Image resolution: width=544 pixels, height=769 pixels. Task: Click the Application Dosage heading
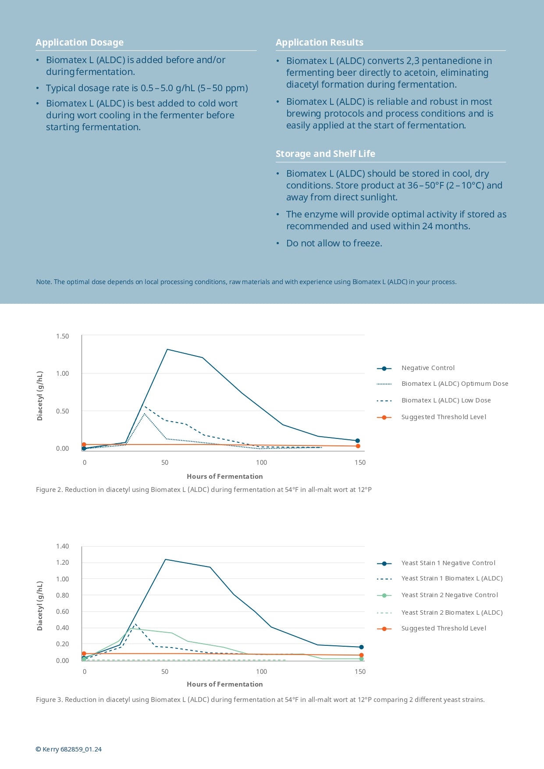[x=79, y=43]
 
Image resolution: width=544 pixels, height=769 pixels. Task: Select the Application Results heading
[x=319, y=43]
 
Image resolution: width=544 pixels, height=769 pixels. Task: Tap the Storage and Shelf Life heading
[x=325, y=154]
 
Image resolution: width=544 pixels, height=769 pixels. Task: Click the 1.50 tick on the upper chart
[x=62, y=336]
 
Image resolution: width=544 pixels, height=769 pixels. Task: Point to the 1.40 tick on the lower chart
[x=62, y=546]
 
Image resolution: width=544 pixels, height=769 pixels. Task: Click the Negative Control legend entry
[x=428, y=368]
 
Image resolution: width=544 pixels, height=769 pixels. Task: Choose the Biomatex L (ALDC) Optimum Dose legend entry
[x=455, y=384]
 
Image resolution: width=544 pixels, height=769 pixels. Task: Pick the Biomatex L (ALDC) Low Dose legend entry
[x=446, y=400]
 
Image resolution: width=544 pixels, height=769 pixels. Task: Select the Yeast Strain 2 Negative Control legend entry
[x=449, y=595]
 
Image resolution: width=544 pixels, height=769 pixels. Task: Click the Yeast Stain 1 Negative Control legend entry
[x=448, y=563]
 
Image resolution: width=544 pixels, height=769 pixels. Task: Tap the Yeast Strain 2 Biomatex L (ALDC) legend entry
[x=452, y=612]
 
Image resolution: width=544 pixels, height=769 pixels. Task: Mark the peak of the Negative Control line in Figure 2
[x=167, y=349]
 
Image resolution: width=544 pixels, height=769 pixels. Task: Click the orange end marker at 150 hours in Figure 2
[x=358, y=446]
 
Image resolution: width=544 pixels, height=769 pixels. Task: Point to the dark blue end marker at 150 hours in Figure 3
[x=361, y=647]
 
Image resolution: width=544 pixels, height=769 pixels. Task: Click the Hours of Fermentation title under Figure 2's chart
[x=224, y=477]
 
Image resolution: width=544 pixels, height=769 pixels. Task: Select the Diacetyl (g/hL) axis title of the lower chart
[x=40, y=606]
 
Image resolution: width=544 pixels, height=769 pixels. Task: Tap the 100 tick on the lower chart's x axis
[x=261, y=672]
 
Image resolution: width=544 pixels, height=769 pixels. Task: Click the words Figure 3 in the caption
[x=49, y=700]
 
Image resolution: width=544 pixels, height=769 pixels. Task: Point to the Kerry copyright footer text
[x=68, y=749]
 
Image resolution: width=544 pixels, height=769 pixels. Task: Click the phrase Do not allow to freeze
[x=334, y=243]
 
